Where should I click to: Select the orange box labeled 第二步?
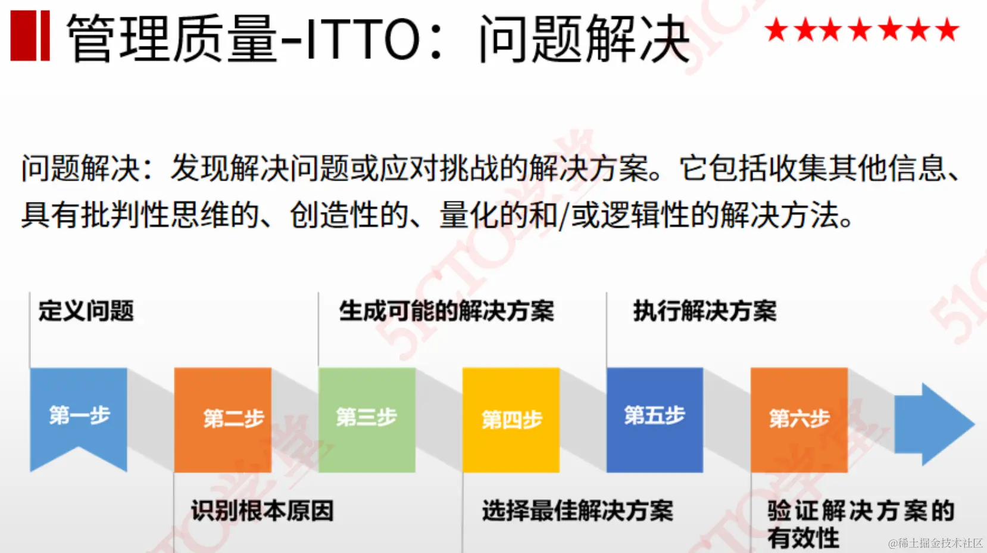click(x=223, y=419)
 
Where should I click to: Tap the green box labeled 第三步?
click(x=367, y=419)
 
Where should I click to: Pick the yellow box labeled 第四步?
click(x=511, y=420)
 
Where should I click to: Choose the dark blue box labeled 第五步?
click(x=655, y=419)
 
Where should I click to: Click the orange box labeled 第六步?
click(x=799, y=419)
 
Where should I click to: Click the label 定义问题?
click(x=86, y=311)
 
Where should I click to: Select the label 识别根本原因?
click(x=262, y=511)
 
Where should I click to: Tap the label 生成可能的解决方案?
click(x=446, y=311)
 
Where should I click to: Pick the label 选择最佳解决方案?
click(x=577, y=511)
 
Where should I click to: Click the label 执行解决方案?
click(x=705, y=311)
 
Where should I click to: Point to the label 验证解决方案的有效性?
click(x=861, y=523)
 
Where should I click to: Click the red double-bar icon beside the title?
click(x=30, y=36)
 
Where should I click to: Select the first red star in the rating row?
click(x=776, y=30)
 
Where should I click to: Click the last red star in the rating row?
click(x=947, y=30)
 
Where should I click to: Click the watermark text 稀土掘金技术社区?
click(x=941, y=543)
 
